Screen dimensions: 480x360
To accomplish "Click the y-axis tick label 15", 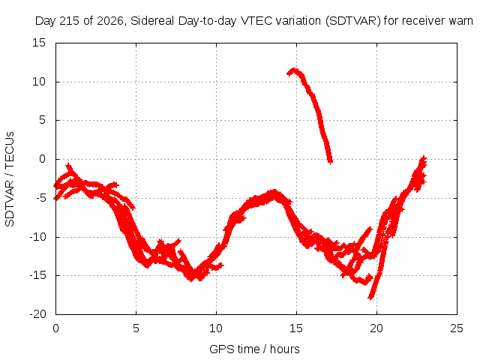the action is (x=39, y=43).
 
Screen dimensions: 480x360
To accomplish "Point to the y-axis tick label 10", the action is (x=39, y=82).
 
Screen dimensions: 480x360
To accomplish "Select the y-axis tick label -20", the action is (x=37, y=314).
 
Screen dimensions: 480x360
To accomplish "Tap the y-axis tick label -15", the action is (x=37, y=275).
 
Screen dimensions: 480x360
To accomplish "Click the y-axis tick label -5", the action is (x=40, y=198).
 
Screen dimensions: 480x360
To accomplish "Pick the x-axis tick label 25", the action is (x=457, y=328).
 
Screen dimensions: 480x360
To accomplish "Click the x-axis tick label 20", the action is (x=376, y=328).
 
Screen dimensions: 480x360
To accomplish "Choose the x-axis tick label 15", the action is (x=296, y=328).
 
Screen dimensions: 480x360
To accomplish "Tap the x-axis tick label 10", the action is (x=216, y=328).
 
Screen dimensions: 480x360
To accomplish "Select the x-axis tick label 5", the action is (x=136, y=328).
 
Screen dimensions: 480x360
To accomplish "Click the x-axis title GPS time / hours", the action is (x=254, y=349).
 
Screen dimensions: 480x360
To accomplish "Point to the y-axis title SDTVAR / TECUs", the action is (x=10, y=179).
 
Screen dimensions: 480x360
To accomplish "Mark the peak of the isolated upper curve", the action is (x=294, y=70).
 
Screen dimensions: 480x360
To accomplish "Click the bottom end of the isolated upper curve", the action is (x=330, y=162).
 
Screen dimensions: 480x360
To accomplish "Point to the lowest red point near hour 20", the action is (x=370, y=298).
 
